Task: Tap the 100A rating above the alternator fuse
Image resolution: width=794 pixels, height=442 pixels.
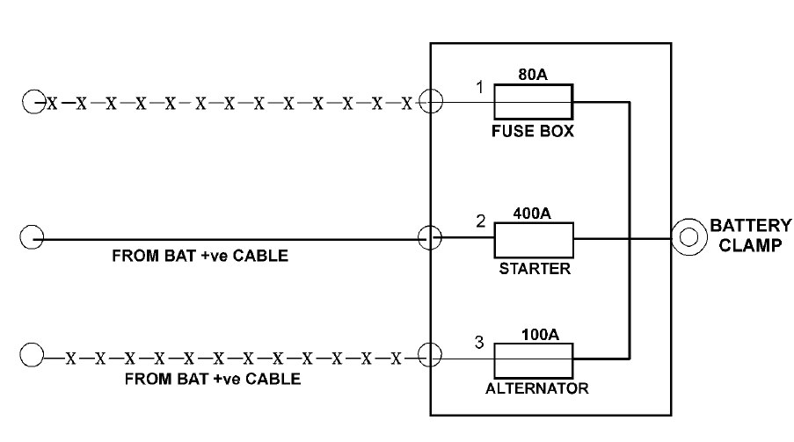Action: click(534, 335)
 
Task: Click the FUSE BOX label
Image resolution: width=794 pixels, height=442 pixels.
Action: click(534, 133)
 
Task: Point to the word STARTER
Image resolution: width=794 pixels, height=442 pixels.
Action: click(534, 269)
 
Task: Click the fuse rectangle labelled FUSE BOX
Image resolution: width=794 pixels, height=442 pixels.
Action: click(534, 102)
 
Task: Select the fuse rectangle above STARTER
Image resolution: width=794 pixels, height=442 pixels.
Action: click(534, 238)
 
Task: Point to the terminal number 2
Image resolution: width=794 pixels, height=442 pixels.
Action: click(480, 221)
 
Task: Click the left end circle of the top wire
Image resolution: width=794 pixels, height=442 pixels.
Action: click(33, 102)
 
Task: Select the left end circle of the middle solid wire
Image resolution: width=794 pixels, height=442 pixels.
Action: click(32, 237)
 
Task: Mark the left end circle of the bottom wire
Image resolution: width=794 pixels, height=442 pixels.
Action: click(32, 357)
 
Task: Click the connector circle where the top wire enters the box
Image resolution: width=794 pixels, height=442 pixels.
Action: click(430, 102)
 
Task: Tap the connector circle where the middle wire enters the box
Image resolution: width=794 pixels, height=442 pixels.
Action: click(430, 237)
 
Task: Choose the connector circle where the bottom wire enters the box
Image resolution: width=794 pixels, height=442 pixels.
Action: click(430, 357)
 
